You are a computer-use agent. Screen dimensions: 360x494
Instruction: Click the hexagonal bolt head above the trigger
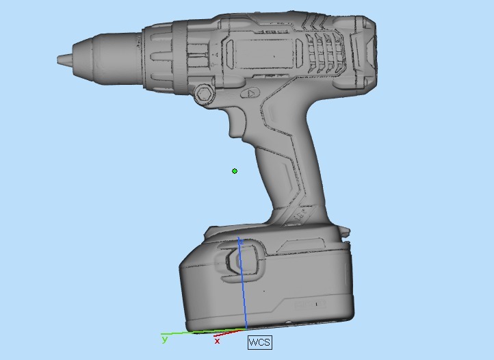204,94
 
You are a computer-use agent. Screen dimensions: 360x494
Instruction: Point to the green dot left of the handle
235,171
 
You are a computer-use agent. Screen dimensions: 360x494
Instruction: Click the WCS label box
259,342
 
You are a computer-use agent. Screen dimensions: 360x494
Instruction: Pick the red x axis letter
218,340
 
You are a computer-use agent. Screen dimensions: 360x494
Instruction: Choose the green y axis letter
164,339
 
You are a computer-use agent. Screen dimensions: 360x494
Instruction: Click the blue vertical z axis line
241,287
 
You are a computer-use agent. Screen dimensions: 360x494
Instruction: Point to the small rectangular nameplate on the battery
312,303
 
